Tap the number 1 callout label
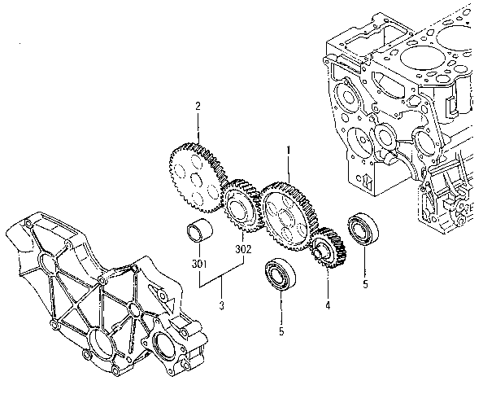click(x=286, y=150)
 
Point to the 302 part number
click(x=242, y=249)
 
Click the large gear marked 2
click(x=195, y=170)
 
